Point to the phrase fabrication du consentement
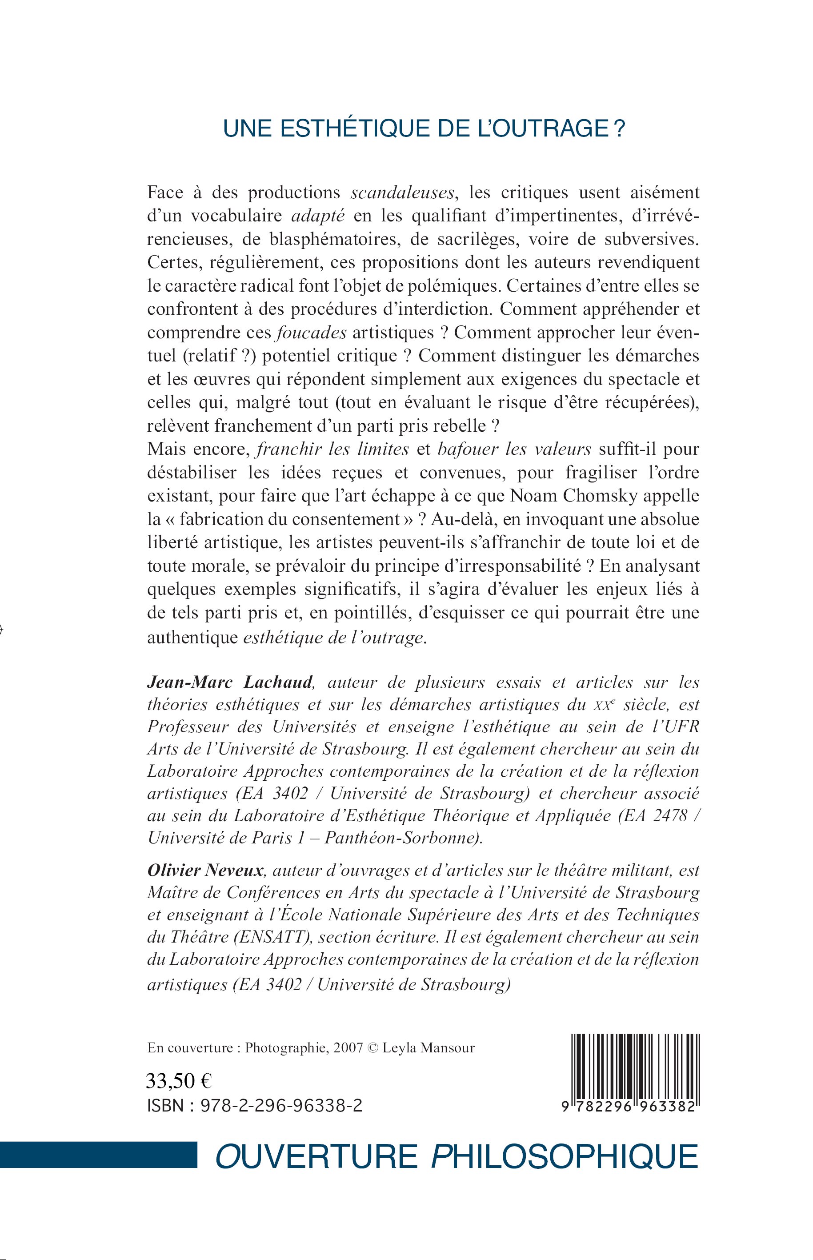289,519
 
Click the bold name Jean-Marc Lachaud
231,682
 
